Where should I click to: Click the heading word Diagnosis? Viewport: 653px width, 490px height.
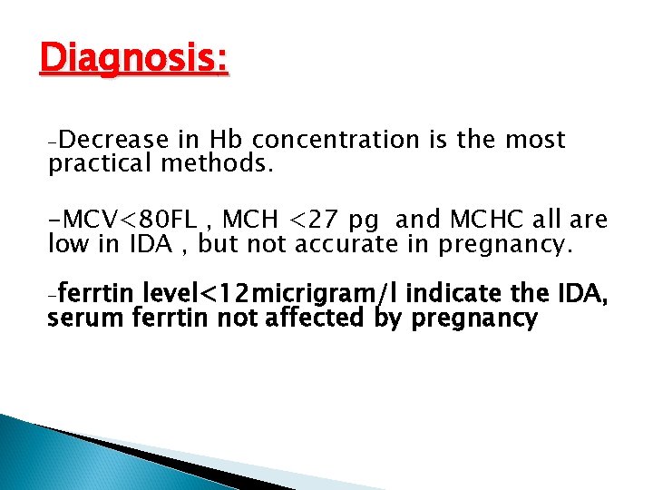(134, 59)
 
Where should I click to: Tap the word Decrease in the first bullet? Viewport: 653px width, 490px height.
(115, 141)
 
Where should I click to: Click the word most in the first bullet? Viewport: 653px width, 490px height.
(534, 141)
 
